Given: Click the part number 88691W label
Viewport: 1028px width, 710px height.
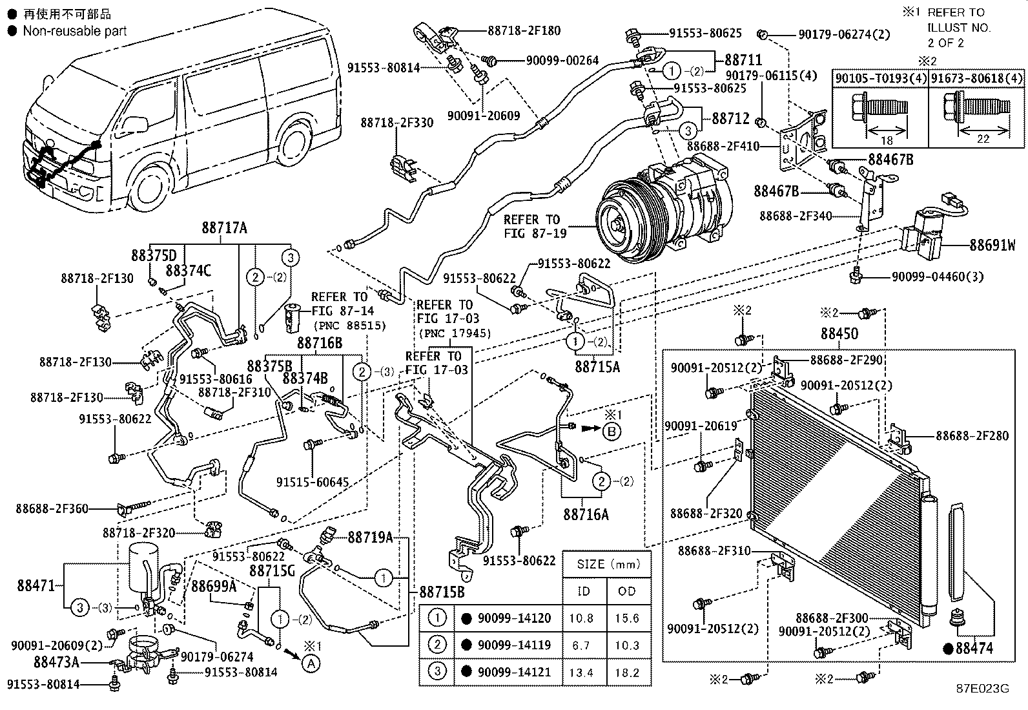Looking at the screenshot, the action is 992,245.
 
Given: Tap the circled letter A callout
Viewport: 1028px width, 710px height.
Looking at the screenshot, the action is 311,663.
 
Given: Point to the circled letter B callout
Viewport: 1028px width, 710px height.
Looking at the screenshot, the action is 612,432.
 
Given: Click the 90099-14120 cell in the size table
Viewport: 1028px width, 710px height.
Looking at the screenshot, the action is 514,618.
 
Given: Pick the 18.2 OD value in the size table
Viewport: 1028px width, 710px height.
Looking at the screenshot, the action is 627,673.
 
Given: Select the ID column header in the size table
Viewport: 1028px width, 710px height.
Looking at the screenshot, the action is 584,591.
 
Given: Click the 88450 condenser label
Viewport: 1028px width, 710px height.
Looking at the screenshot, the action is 839,333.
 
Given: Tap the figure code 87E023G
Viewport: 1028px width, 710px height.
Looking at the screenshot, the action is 983,689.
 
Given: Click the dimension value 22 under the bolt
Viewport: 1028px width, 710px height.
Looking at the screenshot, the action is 983,139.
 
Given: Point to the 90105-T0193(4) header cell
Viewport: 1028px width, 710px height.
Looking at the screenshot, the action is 881,78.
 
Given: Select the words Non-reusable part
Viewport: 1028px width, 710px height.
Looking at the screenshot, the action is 75,31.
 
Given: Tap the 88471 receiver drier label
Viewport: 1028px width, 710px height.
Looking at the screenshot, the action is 36,585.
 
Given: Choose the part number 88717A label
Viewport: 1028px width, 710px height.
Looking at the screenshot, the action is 225,228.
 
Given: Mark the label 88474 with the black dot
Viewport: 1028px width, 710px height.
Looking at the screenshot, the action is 969,649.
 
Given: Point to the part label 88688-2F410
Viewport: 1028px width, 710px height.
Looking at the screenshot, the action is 723,146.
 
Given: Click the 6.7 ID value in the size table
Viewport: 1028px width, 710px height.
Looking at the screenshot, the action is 581,645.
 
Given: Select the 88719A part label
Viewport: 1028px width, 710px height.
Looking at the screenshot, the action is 370,538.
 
